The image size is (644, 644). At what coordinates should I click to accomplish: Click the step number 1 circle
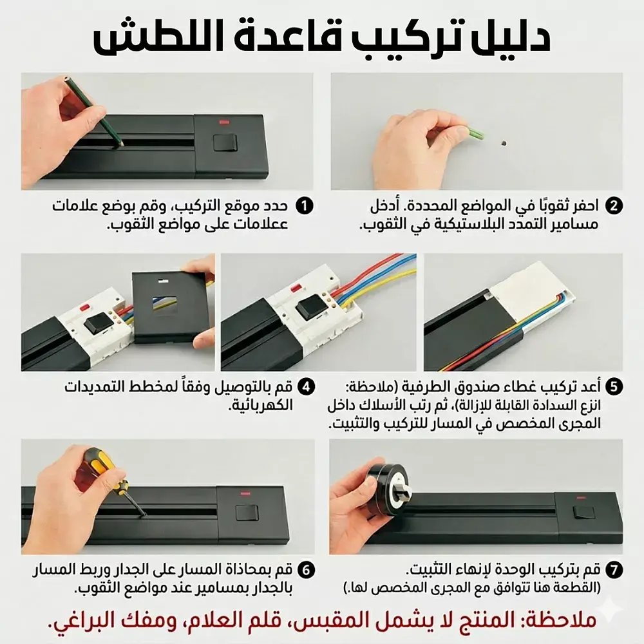[x=305, y=205]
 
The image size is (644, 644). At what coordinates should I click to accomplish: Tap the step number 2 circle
[x=614, y=205]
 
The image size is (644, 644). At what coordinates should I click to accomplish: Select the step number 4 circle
[x=307, y=386]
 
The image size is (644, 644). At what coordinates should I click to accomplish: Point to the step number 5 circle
[x=614, y=386]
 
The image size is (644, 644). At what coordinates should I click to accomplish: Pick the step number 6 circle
[x=307, y=570]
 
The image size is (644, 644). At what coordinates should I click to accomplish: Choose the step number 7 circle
[x=614, y=570]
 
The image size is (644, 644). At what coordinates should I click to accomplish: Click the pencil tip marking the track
[x=122, y=145]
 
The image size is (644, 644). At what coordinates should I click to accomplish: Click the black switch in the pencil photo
[x=225, y=143]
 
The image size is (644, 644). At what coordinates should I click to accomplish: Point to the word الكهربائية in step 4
[x=260, y=406]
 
